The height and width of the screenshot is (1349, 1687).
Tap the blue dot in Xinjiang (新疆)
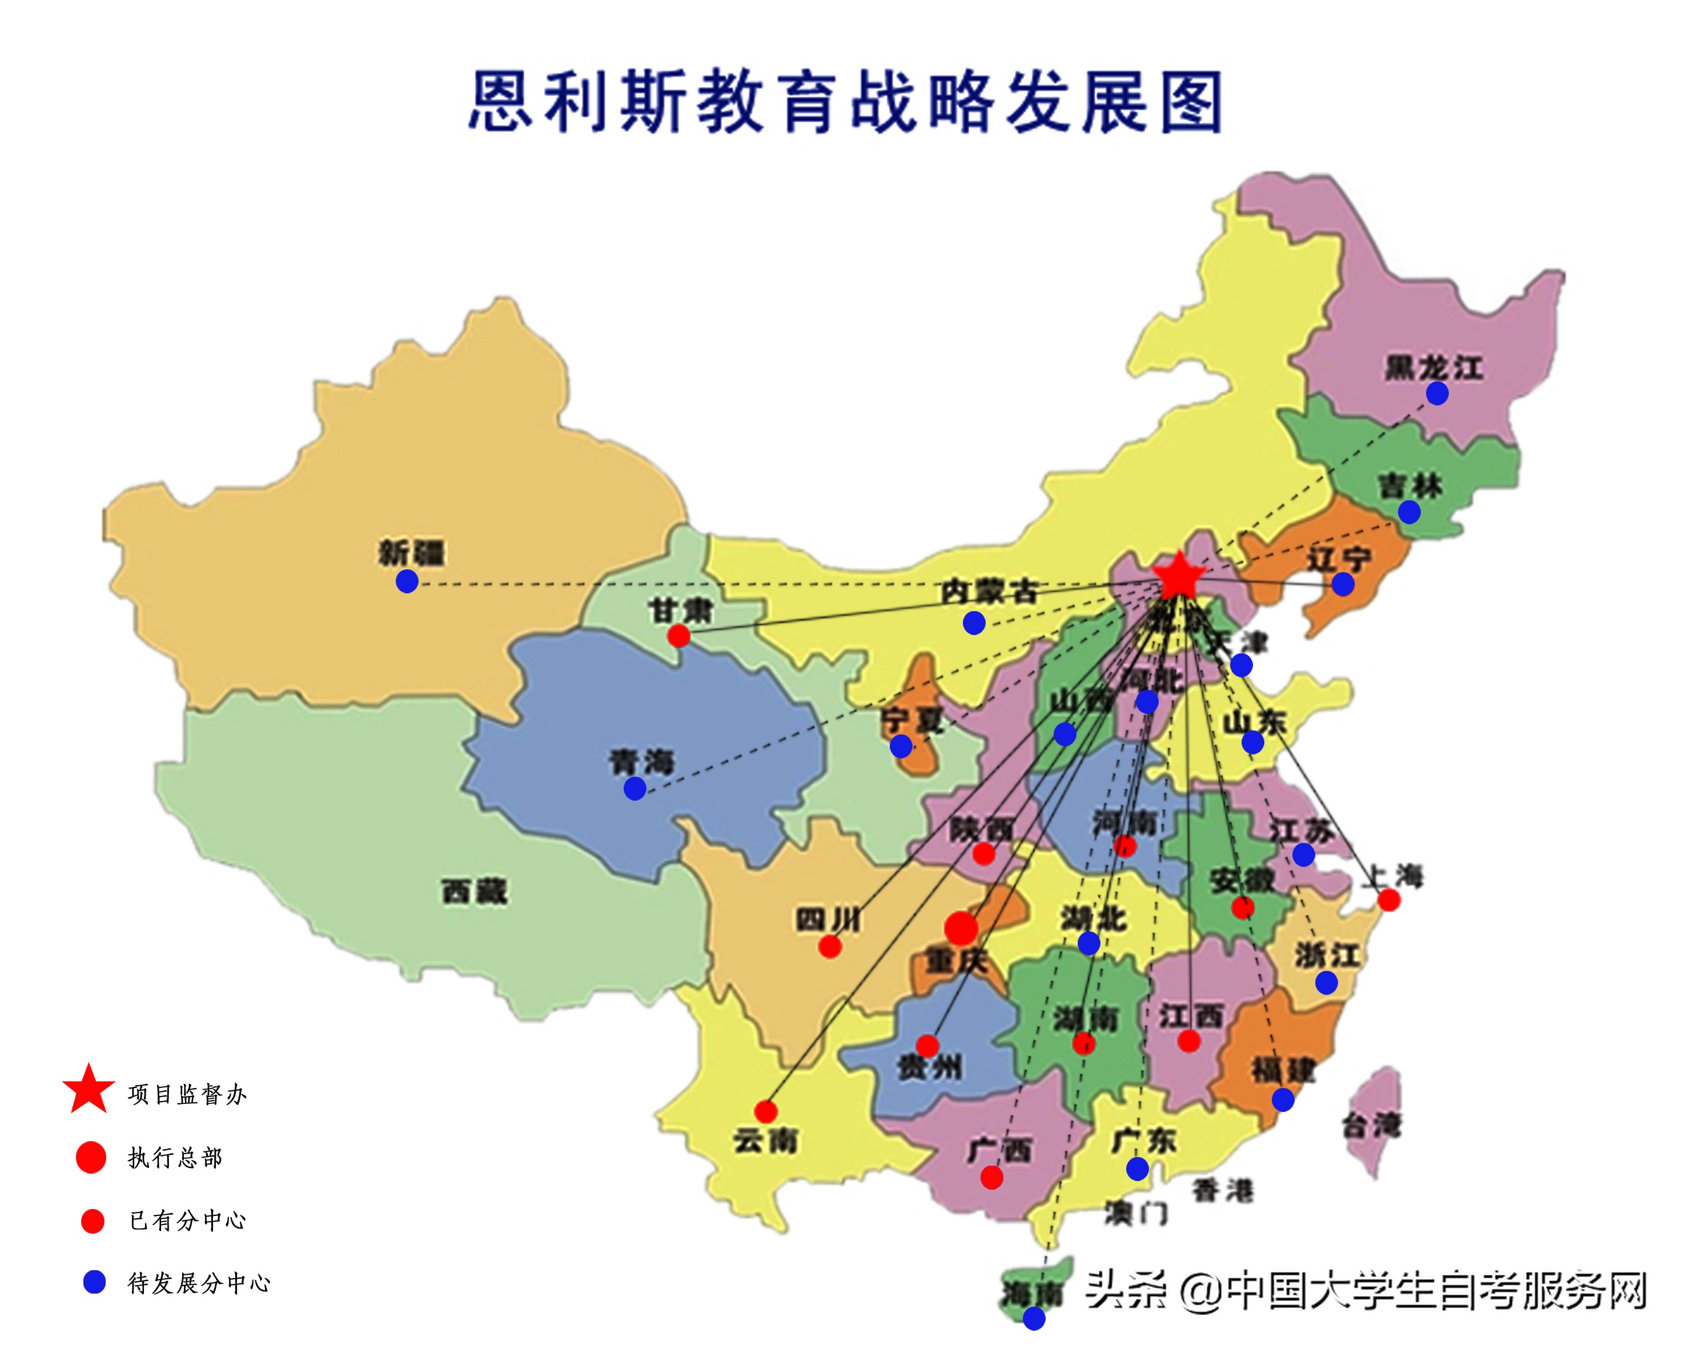point(407,581)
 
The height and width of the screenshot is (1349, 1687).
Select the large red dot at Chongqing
point(961,928)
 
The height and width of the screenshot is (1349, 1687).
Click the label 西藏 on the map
point(474,892)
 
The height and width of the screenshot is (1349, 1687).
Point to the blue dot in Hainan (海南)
point(1034,1319)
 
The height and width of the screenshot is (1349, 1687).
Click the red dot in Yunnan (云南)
point(766,1111)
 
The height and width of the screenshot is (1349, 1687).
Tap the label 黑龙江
point(1433,367)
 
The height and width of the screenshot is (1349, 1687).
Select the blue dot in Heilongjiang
point(1437,394)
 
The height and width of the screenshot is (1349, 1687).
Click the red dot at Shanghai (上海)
point(1389,900)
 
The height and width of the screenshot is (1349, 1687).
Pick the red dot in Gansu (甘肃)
point(678,635)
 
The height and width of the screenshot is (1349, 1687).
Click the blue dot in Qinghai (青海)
point(634,788)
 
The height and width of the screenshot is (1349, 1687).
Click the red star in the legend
point(89,1089)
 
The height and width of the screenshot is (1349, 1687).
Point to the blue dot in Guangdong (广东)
point(1137,1169)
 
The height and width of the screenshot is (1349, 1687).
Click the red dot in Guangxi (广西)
point(991,1177)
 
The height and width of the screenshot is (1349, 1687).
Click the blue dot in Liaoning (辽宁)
point(1343,584)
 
